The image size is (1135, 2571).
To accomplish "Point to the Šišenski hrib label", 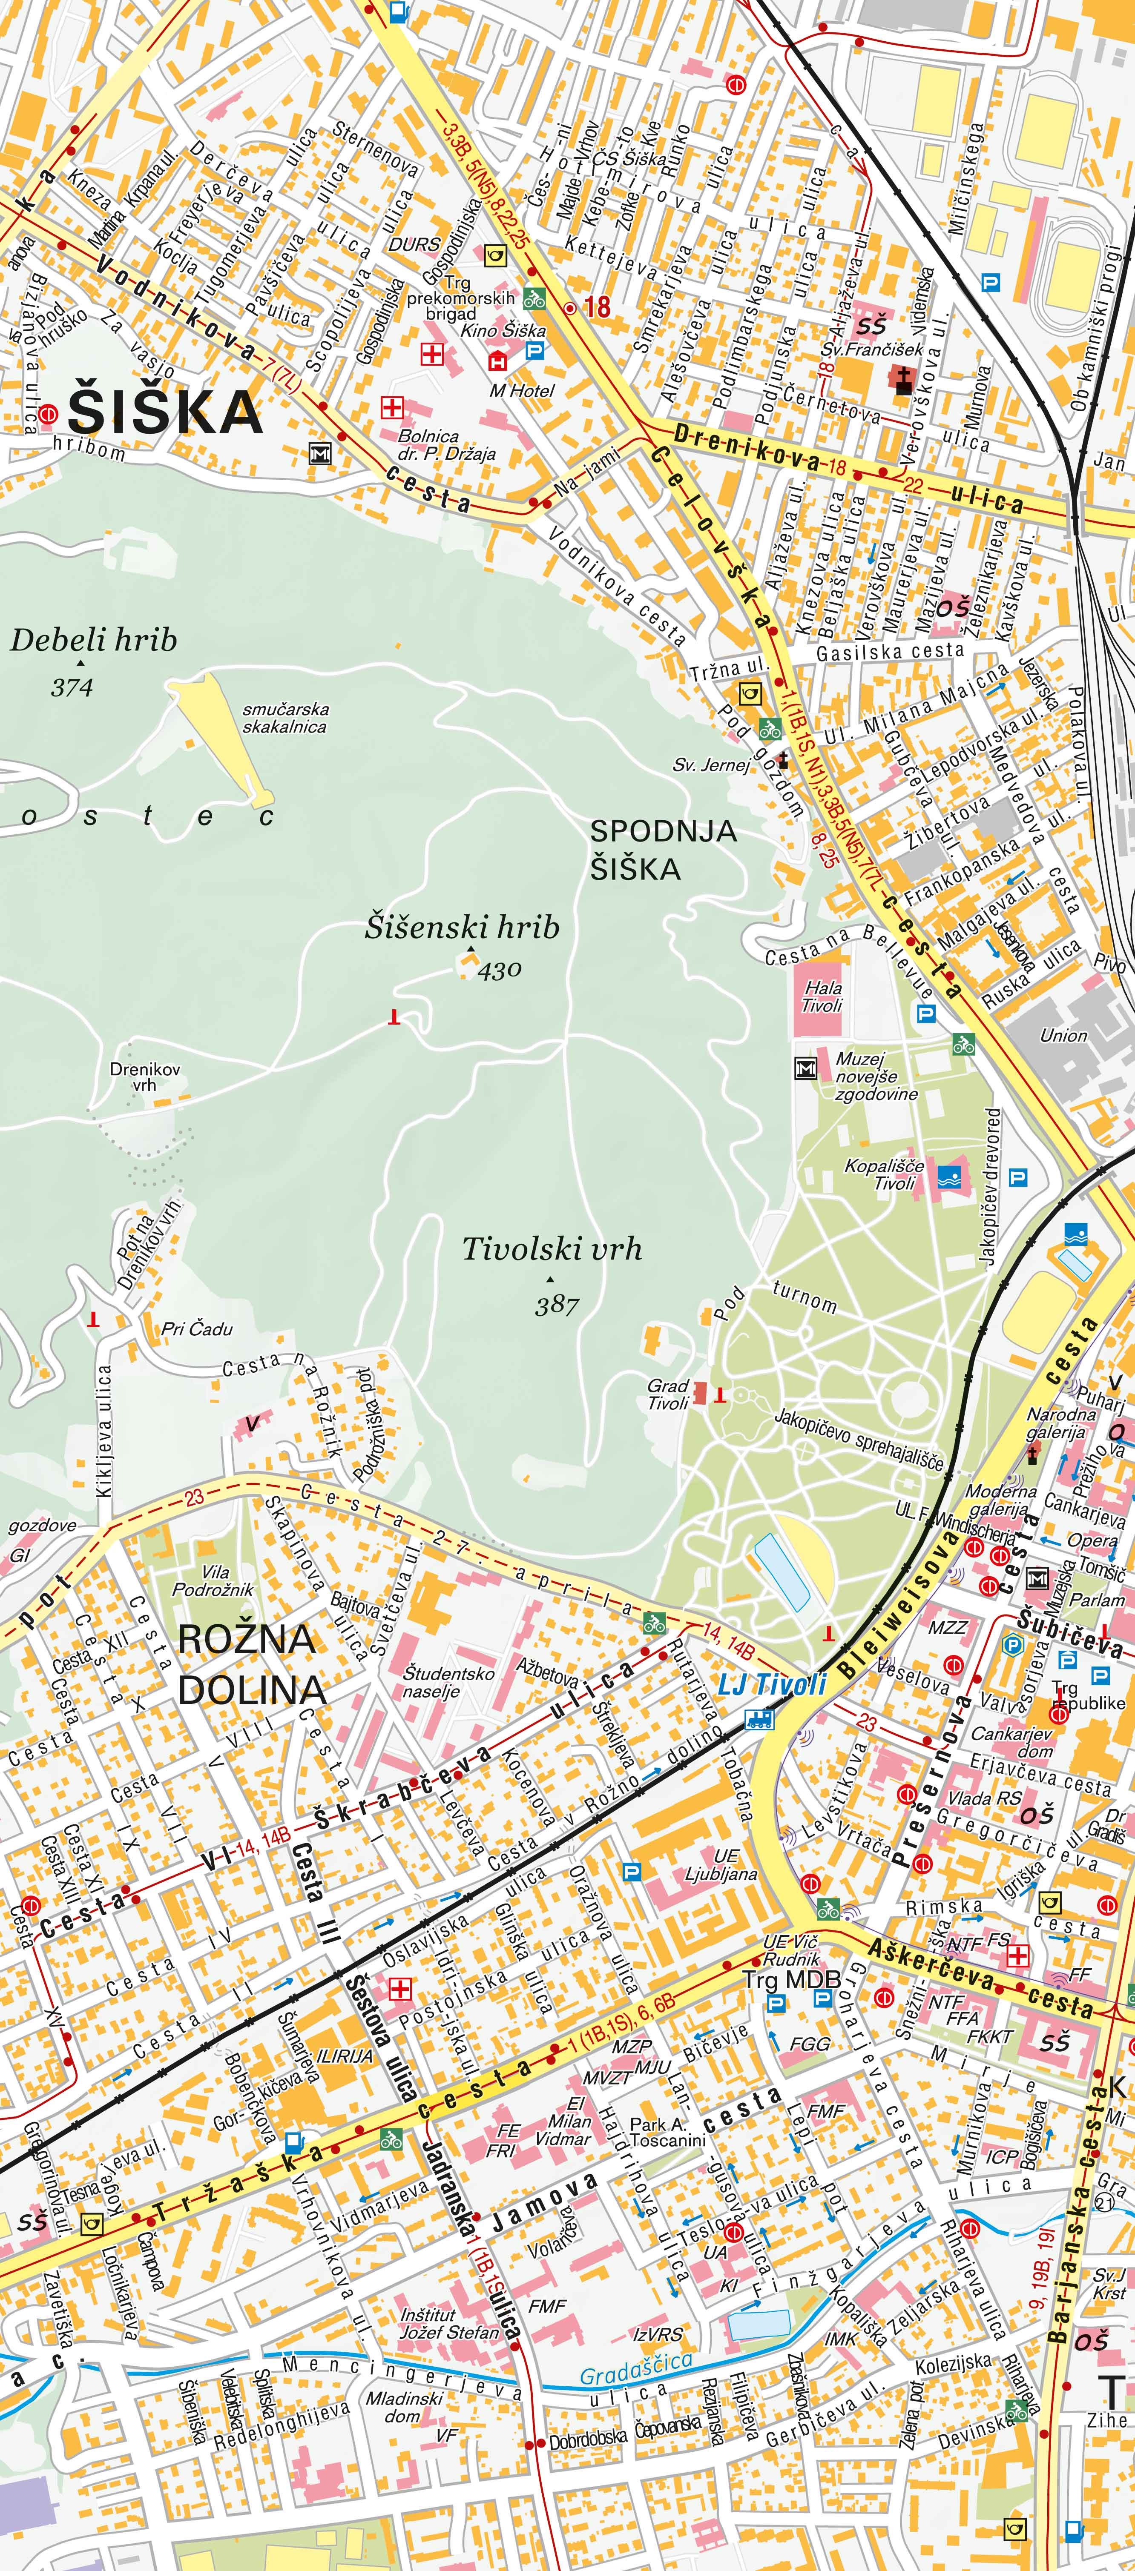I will pyautogui.click(x=461, y=927).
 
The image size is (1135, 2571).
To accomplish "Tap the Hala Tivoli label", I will pyautogui.click(x=822, y=996).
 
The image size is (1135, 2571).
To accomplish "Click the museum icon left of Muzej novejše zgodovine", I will pyautogui.click(x=806, y=1068).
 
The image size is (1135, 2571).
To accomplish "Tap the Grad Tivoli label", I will pyautogui.click(x=668, y=1394).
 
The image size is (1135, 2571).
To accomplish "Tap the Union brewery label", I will pyautogui.click(x=1063, y=1035).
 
